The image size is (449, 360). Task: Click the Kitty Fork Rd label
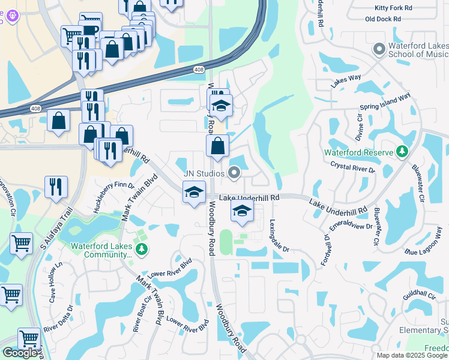tap(393, 8)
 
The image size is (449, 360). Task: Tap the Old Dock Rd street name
tap(388, 19)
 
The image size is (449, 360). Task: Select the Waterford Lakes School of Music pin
tap(379, 49)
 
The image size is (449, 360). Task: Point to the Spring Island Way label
tap(384, 101)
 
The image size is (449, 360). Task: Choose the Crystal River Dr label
tap(353, 167)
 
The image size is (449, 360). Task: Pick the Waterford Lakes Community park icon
tap(141, 250)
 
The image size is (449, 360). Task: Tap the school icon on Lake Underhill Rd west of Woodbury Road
tap(194, 193)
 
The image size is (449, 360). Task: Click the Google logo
tap(20, 353)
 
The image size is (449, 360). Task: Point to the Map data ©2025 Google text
tap(412, 355)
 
